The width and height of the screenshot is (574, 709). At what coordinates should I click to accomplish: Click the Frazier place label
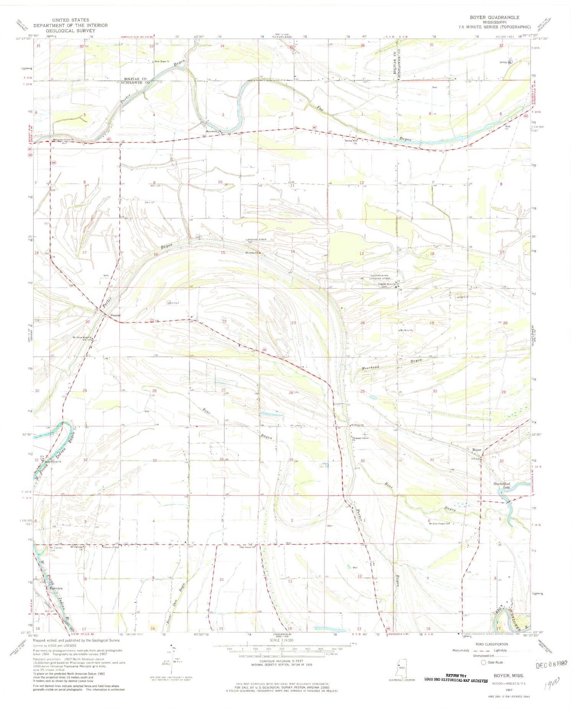(116, 315)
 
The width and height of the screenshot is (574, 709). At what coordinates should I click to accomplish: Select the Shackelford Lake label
(502, 485)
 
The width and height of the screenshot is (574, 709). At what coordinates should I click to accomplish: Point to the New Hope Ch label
(162, 62)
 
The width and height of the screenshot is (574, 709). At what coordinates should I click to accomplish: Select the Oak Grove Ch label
(247, 546)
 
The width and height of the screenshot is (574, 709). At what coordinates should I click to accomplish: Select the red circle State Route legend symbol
(484, 662)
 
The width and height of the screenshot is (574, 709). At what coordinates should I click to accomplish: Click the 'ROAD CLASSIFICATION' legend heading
(493, 644)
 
